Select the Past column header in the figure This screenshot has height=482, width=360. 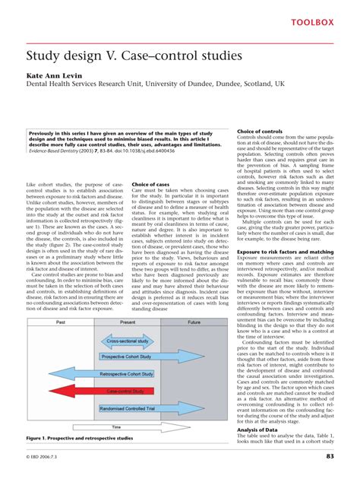[x=60, y=322]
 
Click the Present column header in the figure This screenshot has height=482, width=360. [x=127, y=322]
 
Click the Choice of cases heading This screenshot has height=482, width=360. [x=150, y=185]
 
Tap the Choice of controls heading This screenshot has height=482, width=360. [x=261, y=132]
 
